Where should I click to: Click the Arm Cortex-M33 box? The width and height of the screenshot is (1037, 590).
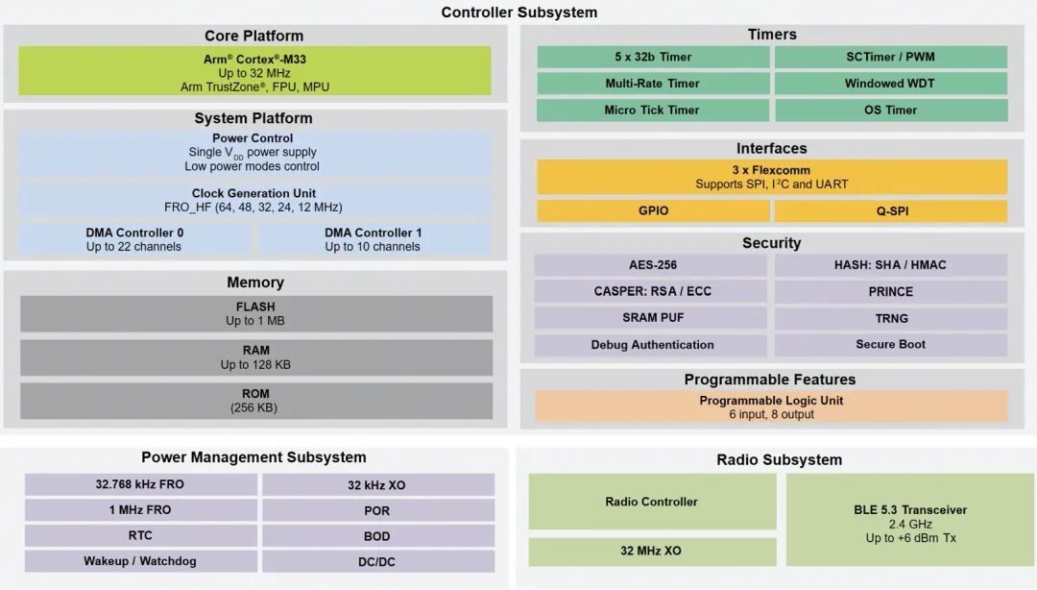(254, 72)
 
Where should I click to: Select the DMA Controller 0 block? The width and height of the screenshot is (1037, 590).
(134, 239)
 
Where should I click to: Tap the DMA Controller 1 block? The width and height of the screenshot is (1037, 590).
(373, 239)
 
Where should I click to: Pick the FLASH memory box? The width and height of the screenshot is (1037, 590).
(255, 314)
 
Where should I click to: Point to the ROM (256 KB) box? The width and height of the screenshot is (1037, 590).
(255, 401)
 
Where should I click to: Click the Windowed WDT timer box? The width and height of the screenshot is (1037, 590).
(890, 84)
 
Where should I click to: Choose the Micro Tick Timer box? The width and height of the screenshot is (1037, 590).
(652, 111)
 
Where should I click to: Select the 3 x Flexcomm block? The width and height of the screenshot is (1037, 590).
(771, 177)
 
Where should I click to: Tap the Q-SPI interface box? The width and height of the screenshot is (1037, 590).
(890, 210)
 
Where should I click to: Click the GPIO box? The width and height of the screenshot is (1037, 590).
(652, 210)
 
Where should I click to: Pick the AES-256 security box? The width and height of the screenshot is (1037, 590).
(652, 265)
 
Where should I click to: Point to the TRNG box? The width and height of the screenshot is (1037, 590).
(890, 318)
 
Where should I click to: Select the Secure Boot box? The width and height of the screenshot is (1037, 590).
(890, 345)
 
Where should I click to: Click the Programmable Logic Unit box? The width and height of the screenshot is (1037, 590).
(771, 406)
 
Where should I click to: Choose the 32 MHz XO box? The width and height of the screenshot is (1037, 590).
(652, 552)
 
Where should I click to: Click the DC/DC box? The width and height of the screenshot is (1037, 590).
(377, 561)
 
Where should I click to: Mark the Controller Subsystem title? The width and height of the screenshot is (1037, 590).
(518, 12)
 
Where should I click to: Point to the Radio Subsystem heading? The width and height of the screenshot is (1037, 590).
(779, 460)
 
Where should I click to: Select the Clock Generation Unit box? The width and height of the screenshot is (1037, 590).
(254, 200)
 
